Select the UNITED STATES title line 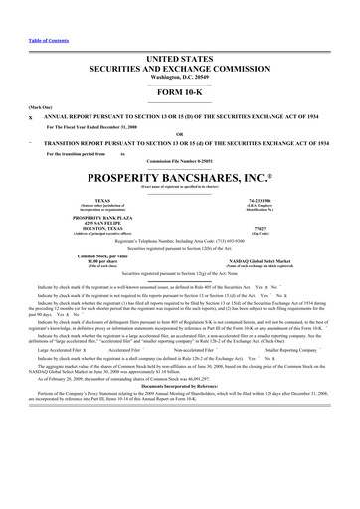179,60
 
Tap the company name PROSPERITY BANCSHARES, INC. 179,177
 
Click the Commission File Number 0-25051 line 179,160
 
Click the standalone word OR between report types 179,134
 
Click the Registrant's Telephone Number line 179,241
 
